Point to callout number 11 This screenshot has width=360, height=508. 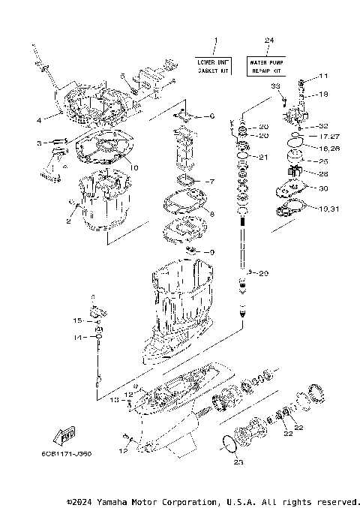[x=323, y=77]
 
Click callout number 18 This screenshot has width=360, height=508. [x=323, y=95]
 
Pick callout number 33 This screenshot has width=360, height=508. [x=274, y=87]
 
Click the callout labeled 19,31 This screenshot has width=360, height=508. [x=328, y=208]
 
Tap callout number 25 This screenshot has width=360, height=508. [x=323, y=161]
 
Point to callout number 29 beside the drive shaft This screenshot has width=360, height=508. [x=262, y=274]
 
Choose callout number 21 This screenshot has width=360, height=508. [x=262, y=158]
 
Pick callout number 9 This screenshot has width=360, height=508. [x=212, y=251]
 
